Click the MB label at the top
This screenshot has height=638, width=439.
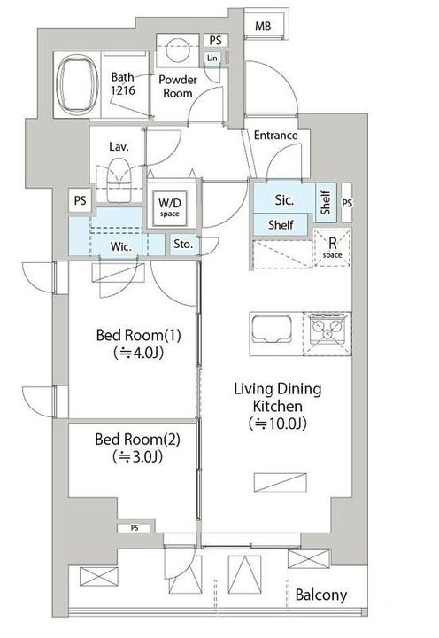pyautogui.click(x=263, y=27)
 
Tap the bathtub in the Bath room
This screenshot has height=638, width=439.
pyautogui.click(x=78, y=85)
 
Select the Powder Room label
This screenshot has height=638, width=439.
pyautogui.click(x=178, y=86)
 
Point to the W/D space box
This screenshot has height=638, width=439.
pyautogui.click(x=170, y=207)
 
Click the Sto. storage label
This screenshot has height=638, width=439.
pyautogui.click(x=183, y=245)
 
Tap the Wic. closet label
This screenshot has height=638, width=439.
pyautogui.click(x=120, y=246)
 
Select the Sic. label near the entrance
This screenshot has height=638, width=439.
pyautogui.click(x=284, y=199)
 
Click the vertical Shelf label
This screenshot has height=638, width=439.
pyautogui.click(x=326, y=203)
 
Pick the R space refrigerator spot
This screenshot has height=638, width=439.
pyautogui.click(x=333, y=248)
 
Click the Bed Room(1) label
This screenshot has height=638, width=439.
pyautogui.click(x=139, y=335)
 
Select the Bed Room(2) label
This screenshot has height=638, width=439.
pyautogui.click(x=137, y=440)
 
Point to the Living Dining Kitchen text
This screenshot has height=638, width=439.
pyautogui.click(x=278, y=397)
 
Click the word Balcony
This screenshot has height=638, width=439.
pyautogui.click(x=321, y=595)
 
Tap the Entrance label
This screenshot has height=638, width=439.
pyautogui.click(x=275, y=135)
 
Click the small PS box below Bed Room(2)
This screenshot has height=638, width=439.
pyautogui.click(x=135, y=528)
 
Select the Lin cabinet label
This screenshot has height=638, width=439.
pyautogui.click(x=212, y=58)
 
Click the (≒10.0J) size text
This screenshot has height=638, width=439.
pyautogui.click(x=278, y=424)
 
